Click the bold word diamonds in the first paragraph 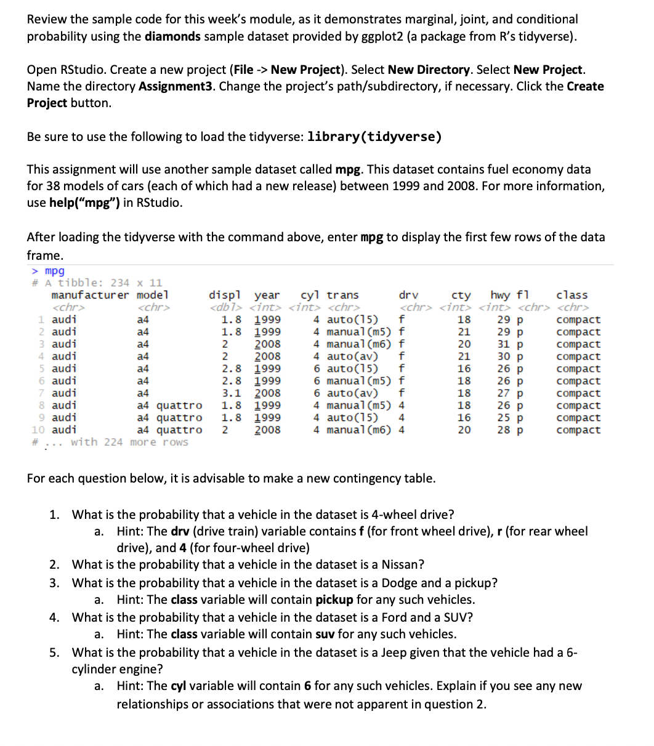pos(172,36)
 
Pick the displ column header pos(225,295)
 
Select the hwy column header pos(501,295)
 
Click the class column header pos(571,295)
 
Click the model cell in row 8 pos(169,405)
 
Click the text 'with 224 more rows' pos(129,442)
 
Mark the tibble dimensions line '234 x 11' pos(137,283)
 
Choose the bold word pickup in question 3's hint pos(334,600)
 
